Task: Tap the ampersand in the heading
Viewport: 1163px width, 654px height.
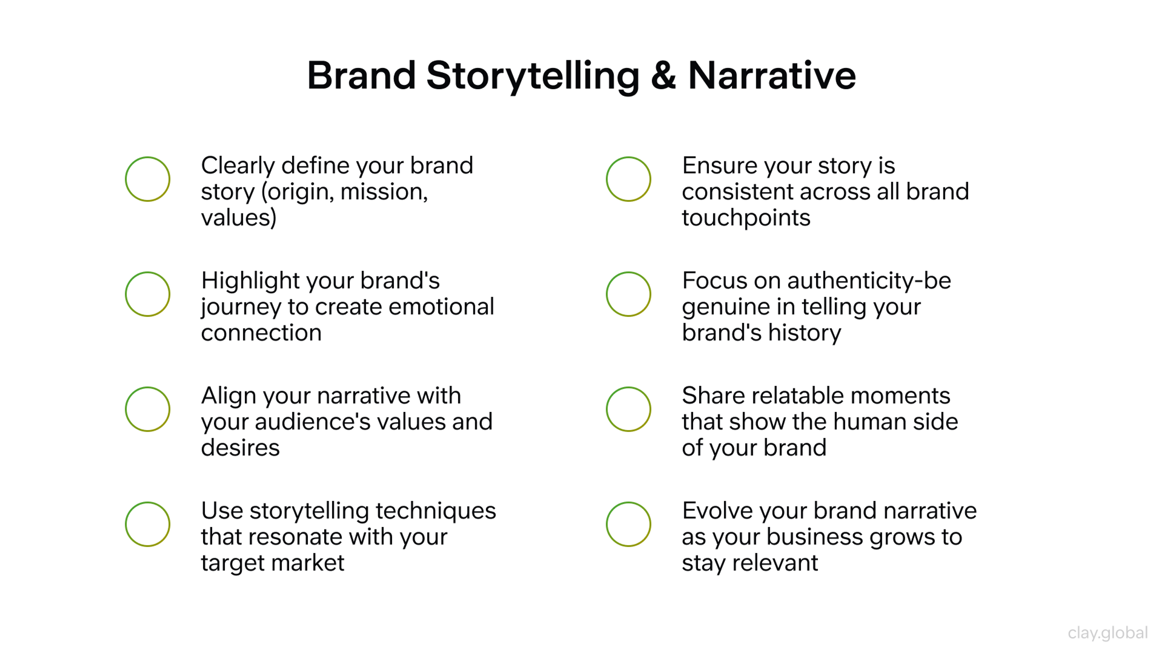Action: (x=663, y=76)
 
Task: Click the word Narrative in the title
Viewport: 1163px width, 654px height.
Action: (x=772, y=76)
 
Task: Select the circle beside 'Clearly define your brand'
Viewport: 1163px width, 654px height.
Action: (x=147, y=179)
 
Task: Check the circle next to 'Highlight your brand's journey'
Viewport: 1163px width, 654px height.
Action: (x=147, y=294)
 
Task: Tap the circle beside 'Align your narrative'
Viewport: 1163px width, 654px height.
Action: (x=147, y=409)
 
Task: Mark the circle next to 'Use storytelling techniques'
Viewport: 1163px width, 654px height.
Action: (x=147, y=524)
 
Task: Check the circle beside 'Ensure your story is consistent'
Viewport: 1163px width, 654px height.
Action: (x=628, y=179)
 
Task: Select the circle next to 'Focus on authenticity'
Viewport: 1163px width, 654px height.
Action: (x=628, y=294)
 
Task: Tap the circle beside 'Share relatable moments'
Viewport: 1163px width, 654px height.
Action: (x=628, y=409)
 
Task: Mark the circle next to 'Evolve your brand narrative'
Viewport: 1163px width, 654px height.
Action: (x=628, y=524)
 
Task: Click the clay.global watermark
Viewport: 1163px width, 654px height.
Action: (x=1108, y=633)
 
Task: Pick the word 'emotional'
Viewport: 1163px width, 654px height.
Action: (x=441, y=307)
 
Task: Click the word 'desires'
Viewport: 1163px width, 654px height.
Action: (x=240, y=448)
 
